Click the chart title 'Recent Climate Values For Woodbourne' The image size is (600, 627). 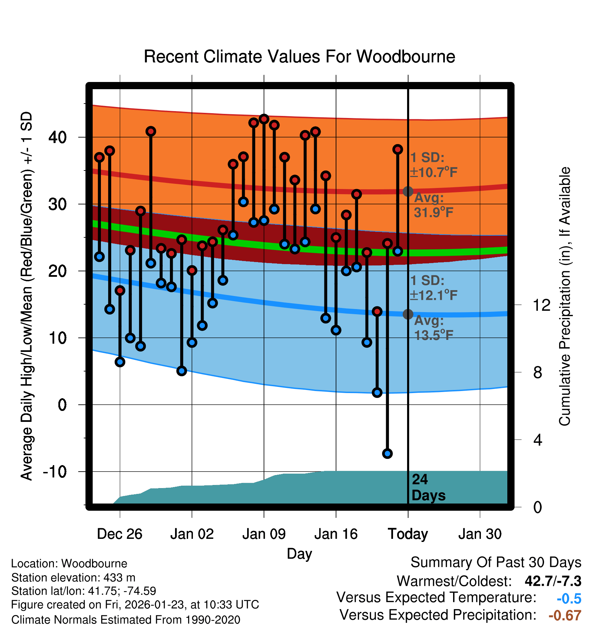(x=299, y=57)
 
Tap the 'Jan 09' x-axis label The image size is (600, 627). (x=264, y=534)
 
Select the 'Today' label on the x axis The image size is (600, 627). (x=408, y=534)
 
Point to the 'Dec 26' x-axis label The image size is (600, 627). (x=119, y=534)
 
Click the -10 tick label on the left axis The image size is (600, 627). (x=55, y=472)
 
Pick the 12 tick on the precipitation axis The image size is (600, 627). (x=541, y=305)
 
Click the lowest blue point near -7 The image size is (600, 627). (x=387, y=453)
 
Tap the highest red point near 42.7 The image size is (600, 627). (x=264, y=119)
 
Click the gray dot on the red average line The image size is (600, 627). (x=408, y=191)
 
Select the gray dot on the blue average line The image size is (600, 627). (x=408, y=314)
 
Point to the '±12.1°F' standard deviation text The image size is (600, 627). (x=434, y=295)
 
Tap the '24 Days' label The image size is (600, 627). (x=428, y=487)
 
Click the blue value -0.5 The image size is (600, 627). (x=569, y=599)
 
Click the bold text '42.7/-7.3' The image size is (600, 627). (x=553, y=581)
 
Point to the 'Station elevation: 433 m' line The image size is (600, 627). (x=73, y=578)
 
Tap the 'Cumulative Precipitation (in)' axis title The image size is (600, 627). (x=565, y=297)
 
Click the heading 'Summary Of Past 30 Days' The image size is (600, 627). (x=496, y=563)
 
